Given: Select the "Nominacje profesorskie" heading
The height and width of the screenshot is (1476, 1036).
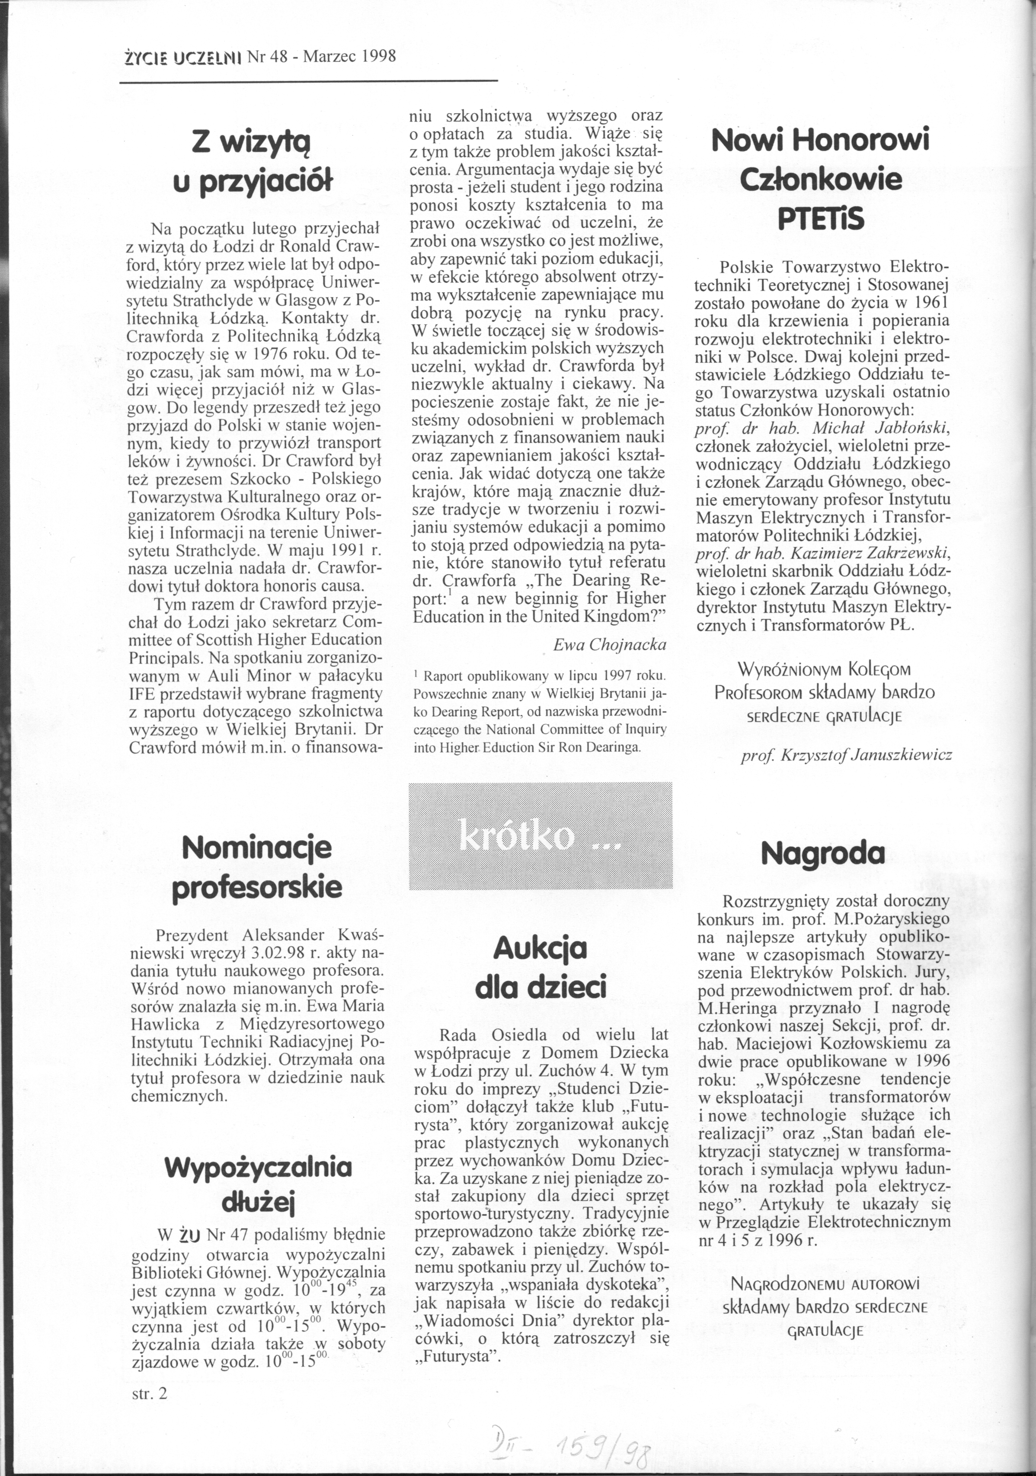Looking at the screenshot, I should [x=257, y=868].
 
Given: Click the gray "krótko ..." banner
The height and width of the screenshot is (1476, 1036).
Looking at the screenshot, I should [x=540, y=836].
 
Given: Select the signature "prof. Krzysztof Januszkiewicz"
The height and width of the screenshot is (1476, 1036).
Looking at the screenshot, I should [x=847, y=756].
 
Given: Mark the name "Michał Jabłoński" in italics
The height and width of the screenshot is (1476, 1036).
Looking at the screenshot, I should [x=881, y=428].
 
